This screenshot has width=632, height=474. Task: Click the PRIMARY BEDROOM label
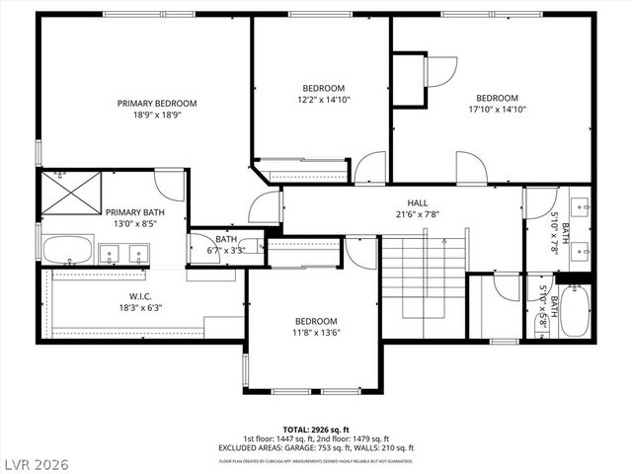[x=157, y=103]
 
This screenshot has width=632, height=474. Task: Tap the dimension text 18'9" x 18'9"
[x=157, y=115]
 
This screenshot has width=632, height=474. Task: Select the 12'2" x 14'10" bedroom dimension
[x=324, y=99]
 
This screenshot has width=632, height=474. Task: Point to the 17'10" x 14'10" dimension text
[x=497, y=110]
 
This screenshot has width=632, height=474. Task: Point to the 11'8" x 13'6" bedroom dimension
[x=316, y=333]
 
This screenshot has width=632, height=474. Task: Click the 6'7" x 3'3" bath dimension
[x=226, y=251]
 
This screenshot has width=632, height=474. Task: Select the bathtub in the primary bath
[x=68, y=249]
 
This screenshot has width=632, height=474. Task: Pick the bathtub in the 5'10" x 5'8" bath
[x=575, y=312]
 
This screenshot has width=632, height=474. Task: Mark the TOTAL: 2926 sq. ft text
[x=315, y=430]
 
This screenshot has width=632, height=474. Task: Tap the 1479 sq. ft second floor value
[x=369, y=438]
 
